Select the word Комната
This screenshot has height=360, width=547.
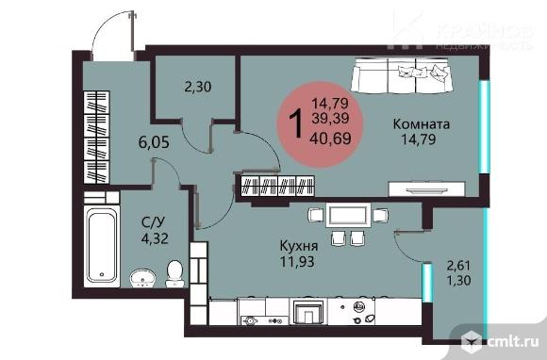click(x=423, y=124)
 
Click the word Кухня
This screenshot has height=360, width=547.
click(x=297, y=246)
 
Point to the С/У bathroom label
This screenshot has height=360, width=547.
click(x=151, y=223)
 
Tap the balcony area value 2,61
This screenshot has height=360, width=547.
click(x=458, y=265)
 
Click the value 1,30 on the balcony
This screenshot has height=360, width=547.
click(x=458, y=280)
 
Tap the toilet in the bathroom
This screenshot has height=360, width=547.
click(x=174, y=273)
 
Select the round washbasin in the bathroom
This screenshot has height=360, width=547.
click(x=143, y=278)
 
